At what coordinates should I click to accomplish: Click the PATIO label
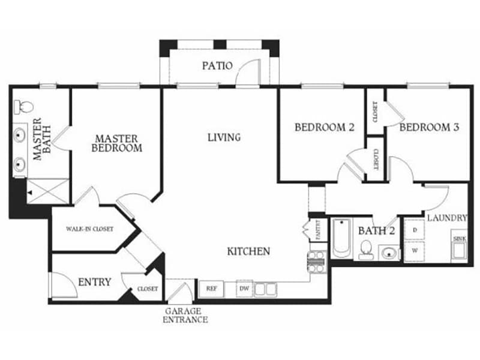pyautogui.click(x=217, y=65)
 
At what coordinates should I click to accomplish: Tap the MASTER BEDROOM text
pyautogui.click(x=117, y=143)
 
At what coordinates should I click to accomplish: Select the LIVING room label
pyautogui.click(x=224, y=137)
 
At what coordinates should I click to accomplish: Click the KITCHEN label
pyautogui.click(x=248, y=251)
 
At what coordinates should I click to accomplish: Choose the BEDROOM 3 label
pyautogui.click(x=429, y=127)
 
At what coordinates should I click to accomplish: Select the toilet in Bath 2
pyautogui.click(x=365, y=248)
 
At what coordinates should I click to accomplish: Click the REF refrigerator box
pyautogui.click(x=211, y=289)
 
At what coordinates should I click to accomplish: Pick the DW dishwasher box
pyautogui.click(x=244, y=289)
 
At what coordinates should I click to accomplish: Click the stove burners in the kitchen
pyautogui.click(x=317, y=259)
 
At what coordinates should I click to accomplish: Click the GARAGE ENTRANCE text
pyautogui.click(x=186, y=315)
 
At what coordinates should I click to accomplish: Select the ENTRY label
pyautogui.click(x=95, y=281)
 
